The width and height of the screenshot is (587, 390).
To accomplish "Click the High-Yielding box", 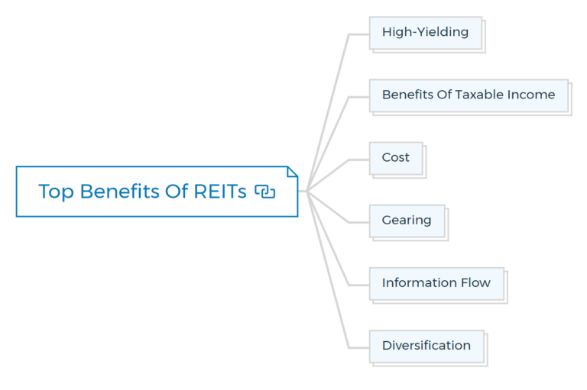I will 425,33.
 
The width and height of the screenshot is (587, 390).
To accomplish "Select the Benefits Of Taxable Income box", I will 468,95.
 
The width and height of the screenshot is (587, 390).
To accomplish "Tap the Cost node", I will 395,158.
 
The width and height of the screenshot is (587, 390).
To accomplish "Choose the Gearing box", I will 406,221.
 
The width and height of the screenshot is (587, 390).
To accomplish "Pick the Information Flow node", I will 436,283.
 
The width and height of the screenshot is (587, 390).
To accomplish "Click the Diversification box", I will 426,346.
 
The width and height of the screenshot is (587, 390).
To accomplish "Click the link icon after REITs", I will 264,192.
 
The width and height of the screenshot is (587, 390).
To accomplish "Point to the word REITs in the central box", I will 220,192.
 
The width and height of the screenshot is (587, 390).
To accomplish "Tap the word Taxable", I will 482,95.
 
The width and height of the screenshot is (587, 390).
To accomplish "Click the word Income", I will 534,95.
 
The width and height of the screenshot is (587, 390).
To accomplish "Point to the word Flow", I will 475,283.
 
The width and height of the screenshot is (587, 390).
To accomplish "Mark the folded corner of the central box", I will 292,172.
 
